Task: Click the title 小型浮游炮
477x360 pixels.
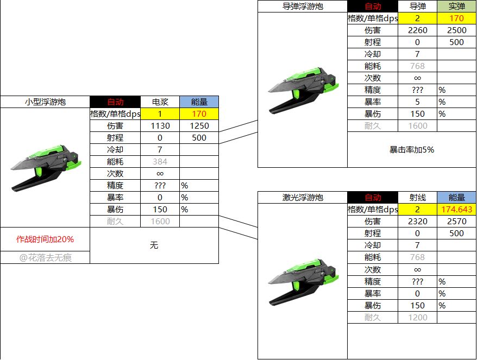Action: [x=45, y=102]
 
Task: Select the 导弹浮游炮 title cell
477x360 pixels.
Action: [x=303, y=6]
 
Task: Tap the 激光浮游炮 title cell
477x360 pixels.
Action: [x=303, y=197]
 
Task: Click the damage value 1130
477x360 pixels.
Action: [x=160, y=126]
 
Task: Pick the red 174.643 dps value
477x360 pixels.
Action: [x=456, y=209]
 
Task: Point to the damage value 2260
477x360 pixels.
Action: [x=417, y=30]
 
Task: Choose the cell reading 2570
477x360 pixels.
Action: [x=456, y=222]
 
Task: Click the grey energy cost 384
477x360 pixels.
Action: [x=160, y=161]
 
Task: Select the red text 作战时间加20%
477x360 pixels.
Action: [x=45, y=239]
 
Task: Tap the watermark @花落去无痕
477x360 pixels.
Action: [x=45, y=258]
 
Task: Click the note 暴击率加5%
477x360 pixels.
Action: [x=412, y=150]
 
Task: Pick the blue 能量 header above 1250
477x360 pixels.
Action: [x=199, y=102]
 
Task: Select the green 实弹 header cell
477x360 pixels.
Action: [x=456, y=6]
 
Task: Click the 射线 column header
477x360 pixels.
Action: [x=417, y=197]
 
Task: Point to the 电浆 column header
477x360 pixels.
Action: [x=160, y=102]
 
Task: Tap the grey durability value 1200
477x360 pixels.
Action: [x=417, y=318]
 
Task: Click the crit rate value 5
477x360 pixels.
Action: [x=417, y=102]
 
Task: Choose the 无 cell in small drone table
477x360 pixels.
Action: [x=154, y=245]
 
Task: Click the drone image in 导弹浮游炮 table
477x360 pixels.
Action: [x=303, y=90]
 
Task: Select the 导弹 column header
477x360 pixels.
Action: [x=417, y=6]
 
